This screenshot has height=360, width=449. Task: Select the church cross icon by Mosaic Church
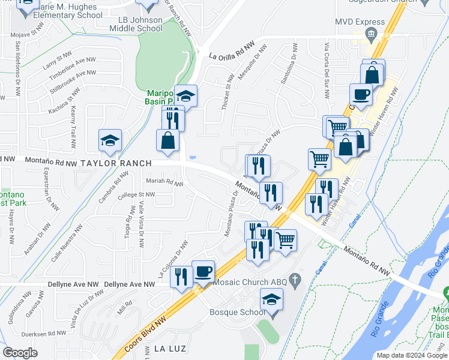click(294, 280)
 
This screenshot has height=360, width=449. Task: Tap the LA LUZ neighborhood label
click(171, 349)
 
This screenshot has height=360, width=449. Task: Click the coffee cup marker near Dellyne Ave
click(203, 271)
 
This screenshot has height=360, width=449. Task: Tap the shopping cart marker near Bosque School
click(286, 240)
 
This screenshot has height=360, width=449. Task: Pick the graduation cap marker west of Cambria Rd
click(110, 141)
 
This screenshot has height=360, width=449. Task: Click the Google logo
click(20, 353)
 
